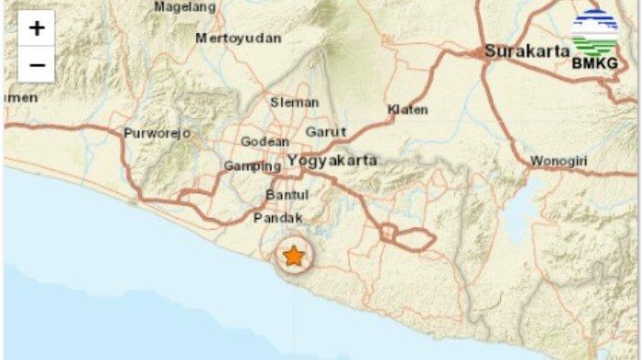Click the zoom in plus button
[37, 28]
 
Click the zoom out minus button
[37, 65]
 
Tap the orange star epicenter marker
[293, 256]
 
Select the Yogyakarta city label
[332, 160]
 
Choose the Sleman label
[294, 103]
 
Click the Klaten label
[407, 110]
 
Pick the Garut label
[326, 132]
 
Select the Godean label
[265, 142]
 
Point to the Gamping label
[253, 167]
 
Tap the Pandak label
[276, 219]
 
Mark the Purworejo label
[158, 133]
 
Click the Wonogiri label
[559, 162]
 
